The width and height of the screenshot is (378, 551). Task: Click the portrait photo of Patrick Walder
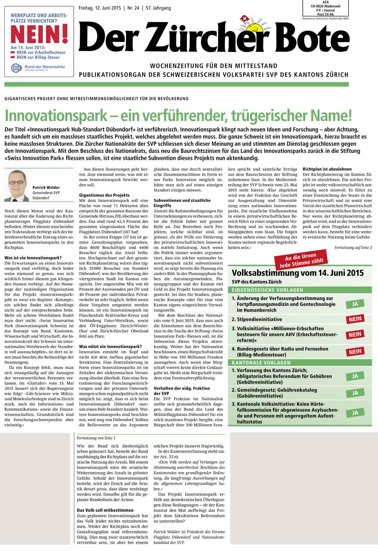coord(17,185)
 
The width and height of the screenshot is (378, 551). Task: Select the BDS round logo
coord(15,68)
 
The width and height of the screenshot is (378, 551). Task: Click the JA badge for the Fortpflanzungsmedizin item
coord(355,304)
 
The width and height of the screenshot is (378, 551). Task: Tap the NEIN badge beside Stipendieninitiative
coord(355,319)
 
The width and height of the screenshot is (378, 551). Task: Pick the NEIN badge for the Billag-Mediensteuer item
coord(355,352)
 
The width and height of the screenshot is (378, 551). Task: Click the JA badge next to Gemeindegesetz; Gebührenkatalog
coord(355,393)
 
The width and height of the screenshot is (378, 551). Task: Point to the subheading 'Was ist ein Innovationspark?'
coord(33,258)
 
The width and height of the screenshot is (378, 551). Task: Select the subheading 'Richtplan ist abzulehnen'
coord(327,169)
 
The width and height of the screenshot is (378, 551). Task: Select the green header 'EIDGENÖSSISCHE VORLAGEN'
coord(267,290)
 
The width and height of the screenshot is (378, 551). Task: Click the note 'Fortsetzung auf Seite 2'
coord(353,248)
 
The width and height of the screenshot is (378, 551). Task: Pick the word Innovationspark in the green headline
coord(56,116)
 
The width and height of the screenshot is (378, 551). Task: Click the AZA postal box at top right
coord(325,8)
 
